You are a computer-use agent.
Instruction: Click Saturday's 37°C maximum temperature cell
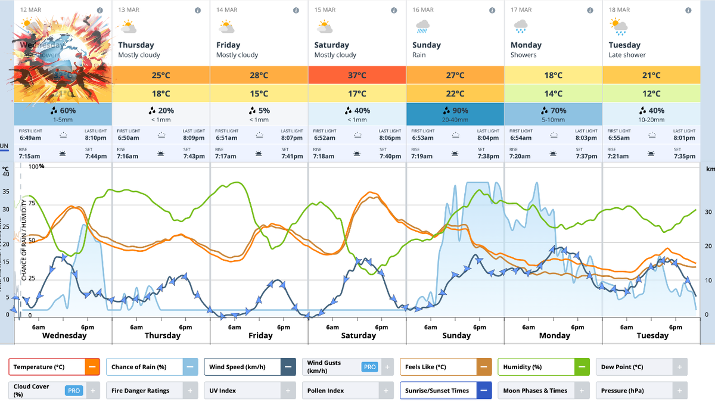tap(357, 75)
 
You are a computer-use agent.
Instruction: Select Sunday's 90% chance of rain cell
tap(455, 114)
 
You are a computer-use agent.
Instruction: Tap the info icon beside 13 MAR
tap(198, 10)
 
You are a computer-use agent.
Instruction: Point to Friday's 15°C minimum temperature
tap(259, 94)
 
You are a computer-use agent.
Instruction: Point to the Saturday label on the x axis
tap(358, 336)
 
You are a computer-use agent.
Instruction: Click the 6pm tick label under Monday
tap(577, 328)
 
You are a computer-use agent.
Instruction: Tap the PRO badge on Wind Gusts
tap(370, 367)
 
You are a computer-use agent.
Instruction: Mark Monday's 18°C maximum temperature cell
tap(553, 75)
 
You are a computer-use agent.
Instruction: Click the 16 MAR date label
tap(423, 10)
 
